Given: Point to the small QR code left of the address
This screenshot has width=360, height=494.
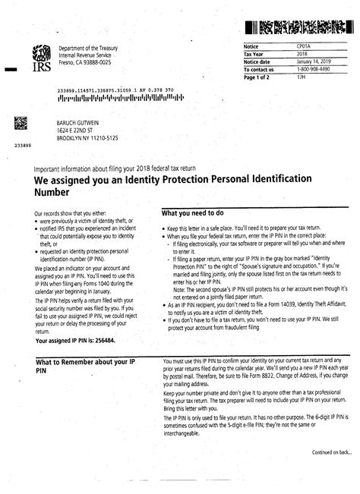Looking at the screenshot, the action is click(21, 124).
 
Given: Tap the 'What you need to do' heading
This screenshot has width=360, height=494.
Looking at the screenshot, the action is click(195, 213).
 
